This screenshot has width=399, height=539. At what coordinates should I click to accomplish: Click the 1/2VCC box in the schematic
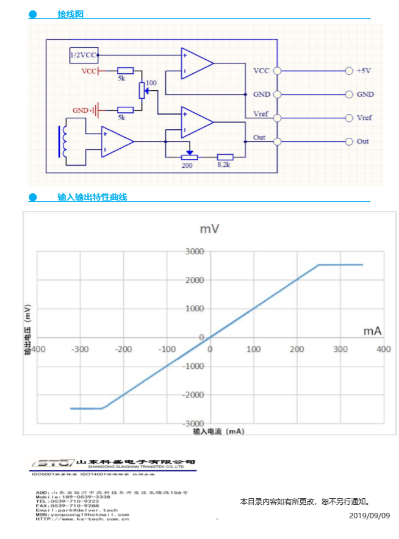tap(84, 55)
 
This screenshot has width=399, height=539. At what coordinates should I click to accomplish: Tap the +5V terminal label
tap(364, 71)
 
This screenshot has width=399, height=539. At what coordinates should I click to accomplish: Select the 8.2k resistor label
tap(225, 165)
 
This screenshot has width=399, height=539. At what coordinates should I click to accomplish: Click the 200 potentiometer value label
tap(187, 165)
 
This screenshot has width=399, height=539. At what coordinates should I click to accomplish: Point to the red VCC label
tap(89, 71)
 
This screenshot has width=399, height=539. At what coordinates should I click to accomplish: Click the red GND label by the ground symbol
tap(81, 110)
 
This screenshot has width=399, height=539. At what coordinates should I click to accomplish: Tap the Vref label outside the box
tap(364, 118)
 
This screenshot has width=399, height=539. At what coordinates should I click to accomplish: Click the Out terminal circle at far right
tap(349, 141)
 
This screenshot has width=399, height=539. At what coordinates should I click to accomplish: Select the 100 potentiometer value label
tap(151, 82)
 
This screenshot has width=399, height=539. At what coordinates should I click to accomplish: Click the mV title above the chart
tap(209, 229)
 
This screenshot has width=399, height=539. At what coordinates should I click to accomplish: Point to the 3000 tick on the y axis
tap(195, 251)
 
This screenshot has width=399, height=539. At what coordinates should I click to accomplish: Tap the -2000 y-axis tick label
tap(193, 394)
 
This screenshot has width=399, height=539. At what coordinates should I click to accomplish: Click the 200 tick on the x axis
tap(297, 349)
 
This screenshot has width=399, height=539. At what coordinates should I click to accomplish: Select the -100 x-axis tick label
tap(167, 349)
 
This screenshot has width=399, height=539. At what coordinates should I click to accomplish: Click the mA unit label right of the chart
tap(372, 331)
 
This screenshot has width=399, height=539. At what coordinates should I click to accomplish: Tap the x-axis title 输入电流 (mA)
tap(218, 431)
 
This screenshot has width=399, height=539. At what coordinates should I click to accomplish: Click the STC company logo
tap(52, 463)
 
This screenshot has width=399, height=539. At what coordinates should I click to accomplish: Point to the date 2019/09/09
tap(369, 515)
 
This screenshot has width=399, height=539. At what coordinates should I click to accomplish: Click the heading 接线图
tap(70, 14)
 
